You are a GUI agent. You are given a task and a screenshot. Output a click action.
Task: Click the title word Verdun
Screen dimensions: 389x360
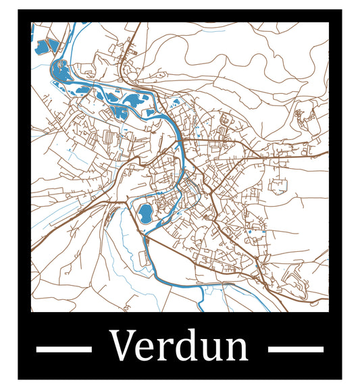[x=180, y=345]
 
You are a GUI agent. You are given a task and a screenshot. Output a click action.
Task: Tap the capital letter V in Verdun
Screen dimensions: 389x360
[x=123, y=345]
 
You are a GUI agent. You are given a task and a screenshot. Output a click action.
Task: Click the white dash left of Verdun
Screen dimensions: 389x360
[x=63, y=349]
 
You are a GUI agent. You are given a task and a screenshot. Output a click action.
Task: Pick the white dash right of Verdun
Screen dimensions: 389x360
[x=296, y=349]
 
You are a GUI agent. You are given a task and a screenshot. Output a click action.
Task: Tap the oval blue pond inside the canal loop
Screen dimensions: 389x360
[x=145, y=214]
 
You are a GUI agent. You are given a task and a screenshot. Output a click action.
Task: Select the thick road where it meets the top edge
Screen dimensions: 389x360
[x=139, y=24]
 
